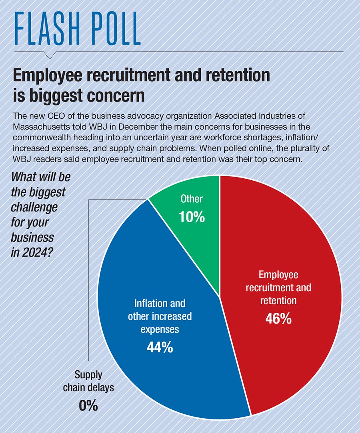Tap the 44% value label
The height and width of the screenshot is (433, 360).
coord(160,347)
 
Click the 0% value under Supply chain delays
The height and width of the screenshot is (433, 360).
coord(88,406)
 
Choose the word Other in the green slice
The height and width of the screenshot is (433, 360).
coord(192,199)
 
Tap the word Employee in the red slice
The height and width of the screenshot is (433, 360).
coord(278,275)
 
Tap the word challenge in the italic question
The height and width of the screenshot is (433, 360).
coord(34,208)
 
